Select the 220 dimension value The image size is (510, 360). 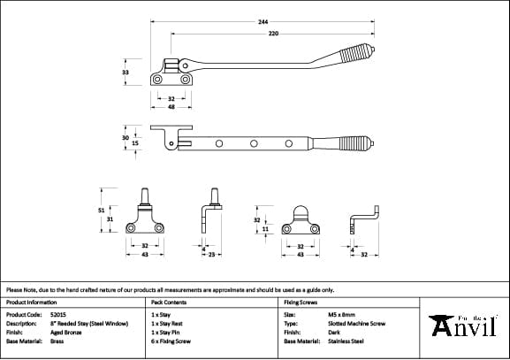[275, 33]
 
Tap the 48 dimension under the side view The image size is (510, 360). [171, 106]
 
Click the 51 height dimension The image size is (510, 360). [101, 210]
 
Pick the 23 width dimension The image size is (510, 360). [213, 255]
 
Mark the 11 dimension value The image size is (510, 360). [265, 228]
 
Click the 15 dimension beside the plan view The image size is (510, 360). [134, 142]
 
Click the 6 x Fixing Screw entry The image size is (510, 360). [171, 341]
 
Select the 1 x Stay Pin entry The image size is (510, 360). [166, 332]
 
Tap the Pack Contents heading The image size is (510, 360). [168, 302]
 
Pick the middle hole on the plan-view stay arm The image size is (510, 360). [253, 142]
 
